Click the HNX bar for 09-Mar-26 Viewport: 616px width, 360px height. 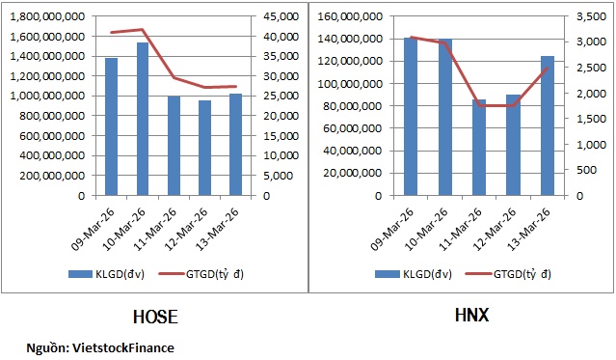412,116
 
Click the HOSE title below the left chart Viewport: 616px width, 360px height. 153,316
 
